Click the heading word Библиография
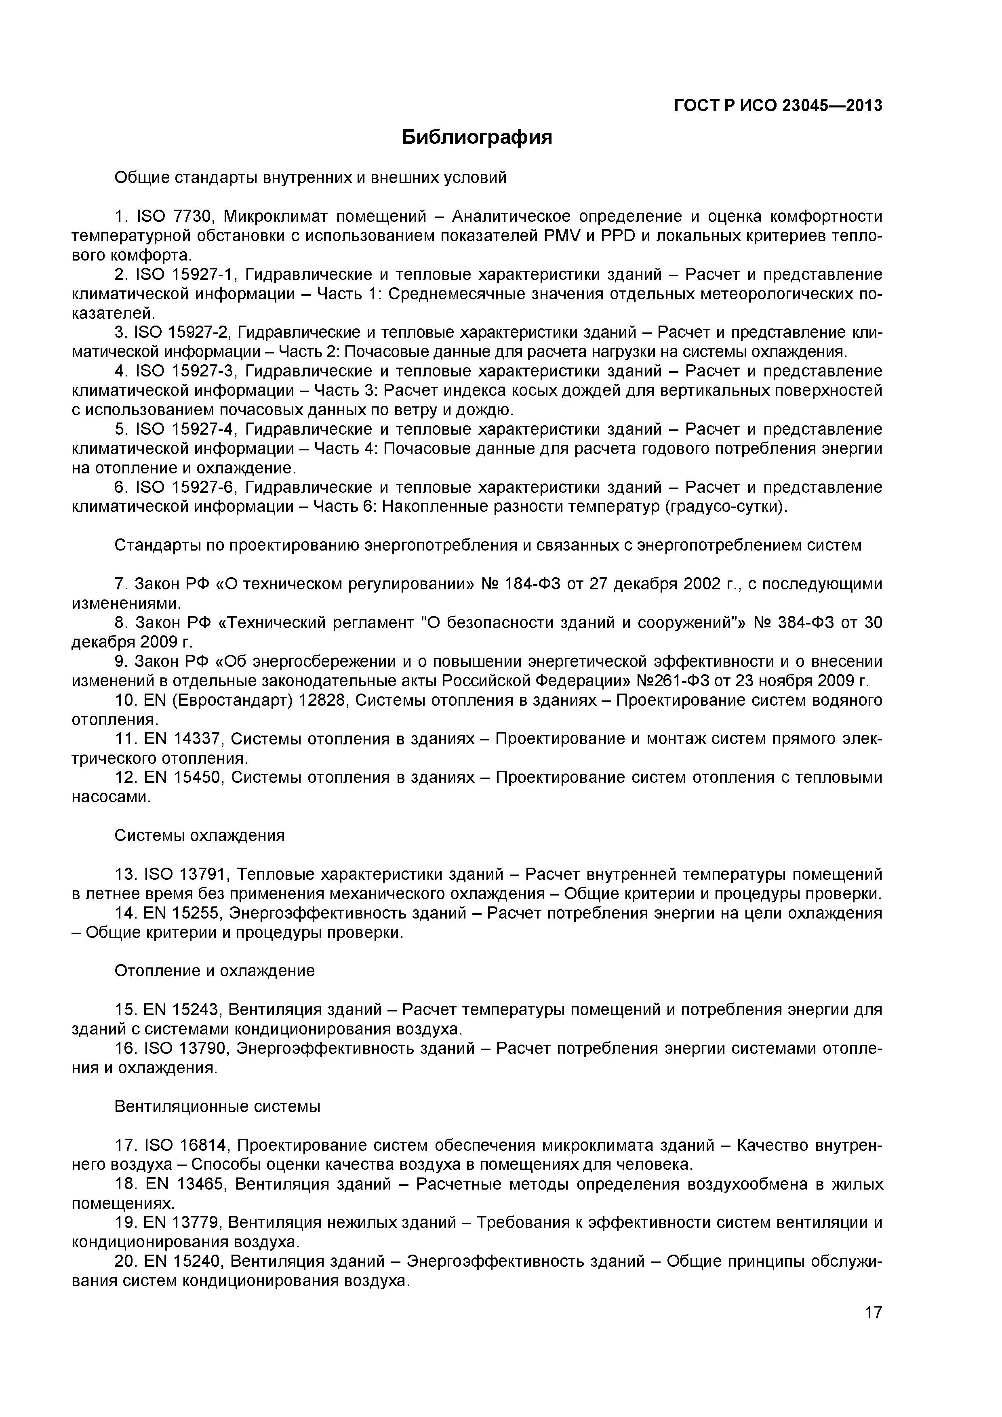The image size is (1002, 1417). click(x=477, y=137)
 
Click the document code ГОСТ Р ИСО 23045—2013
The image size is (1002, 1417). click(x=778, y=106)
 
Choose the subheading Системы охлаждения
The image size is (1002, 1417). click(x=200, y=836)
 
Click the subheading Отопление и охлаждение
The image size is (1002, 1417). click(x=214, y=971)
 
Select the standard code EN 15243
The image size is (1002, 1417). click(x=181, y=1010)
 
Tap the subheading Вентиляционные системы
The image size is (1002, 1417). click(x=217, y=1106)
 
